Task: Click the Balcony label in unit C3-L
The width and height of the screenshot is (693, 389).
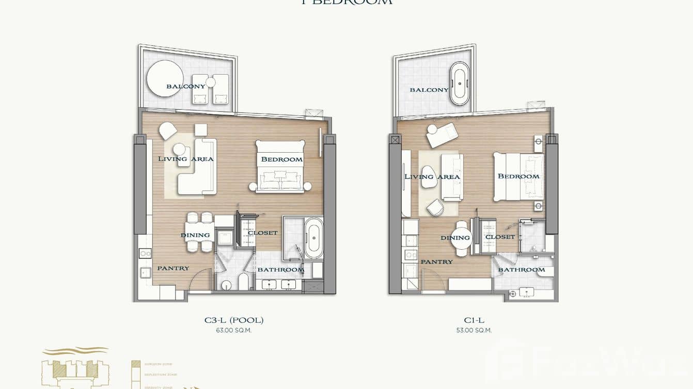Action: coord(185,86)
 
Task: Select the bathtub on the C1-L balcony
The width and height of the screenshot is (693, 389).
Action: coord(459,83)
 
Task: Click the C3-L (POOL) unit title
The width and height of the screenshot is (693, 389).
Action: coord(233,320)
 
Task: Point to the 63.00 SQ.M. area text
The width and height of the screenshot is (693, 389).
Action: coord(233,330)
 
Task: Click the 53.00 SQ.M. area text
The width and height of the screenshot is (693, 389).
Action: coord(474,330)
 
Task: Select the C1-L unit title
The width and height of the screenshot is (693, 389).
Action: coord(474,320)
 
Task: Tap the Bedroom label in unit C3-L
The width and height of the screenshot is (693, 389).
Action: coord(281,159)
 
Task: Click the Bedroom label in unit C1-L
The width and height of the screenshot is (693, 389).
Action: coord(518,176)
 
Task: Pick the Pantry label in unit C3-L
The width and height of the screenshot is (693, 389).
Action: coord(173,268)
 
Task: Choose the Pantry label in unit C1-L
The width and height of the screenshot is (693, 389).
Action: coord(436,262)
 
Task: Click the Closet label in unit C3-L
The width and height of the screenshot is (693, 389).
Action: coord(262,233)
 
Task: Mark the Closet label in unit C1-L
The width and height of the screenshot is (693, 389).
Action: coord(500,237)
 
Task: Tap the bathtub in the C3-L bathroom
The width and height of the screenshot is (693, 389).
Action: coord(313,238)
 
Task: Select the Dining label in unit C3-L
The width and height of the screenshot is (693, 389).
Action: coord(195,235)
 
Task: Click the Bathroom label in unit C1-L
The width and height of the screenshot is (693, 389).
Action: coord(521,270)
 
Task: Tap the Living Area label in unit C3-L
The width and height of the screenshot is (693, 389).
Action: coord(185,159)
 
